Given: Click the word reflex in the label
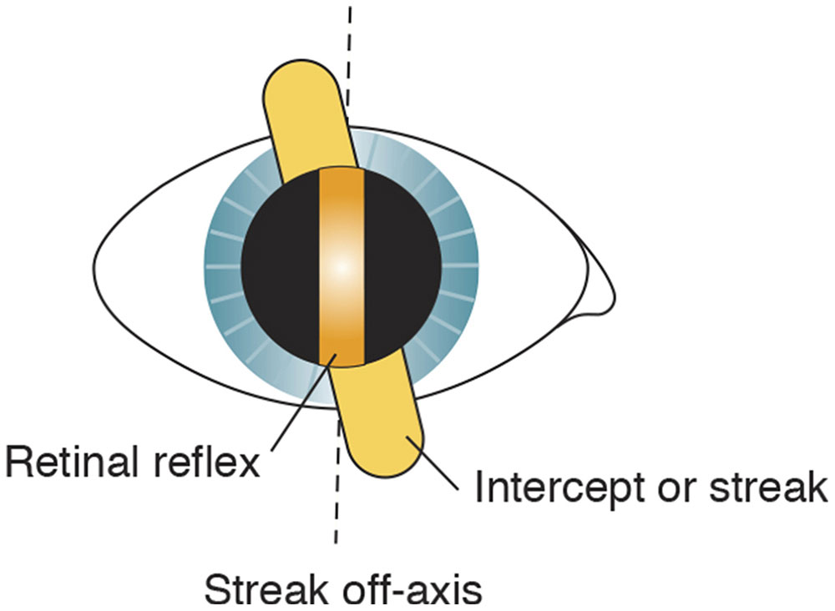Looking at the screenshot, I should click(x=212, y=462).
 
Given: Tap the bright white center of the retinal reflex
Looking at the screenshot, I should click(x=342, y=267).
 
